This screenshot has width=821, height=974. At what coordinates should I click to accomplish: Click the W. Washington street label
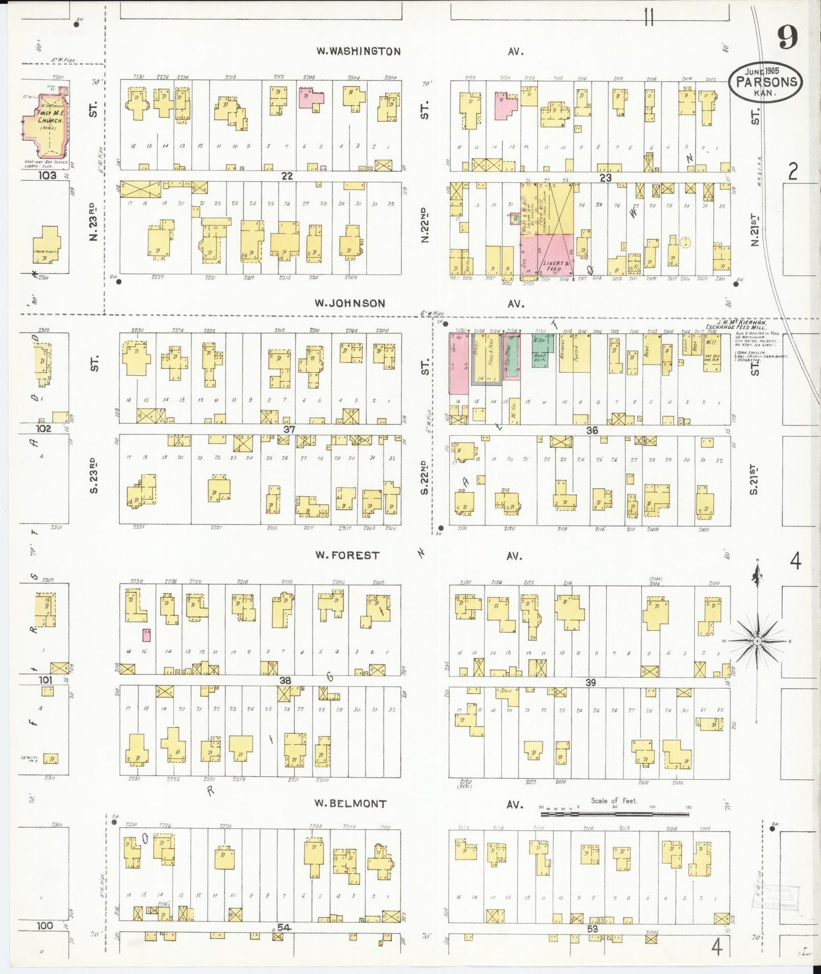[358, 51]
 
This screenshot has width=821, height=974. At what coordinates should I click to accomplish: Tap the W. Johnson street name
[349, 303]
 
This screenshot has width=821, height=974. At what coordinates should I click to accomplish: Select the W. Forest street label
[347, 555]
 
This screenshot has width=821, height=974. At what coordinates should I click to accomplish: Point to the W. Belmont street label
[351, 804]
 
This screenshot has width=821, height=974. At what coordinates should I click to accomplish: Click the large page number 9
[787, 38]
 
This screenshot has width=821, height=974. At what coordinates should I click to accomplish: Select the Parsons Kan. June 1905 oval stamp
[766, 81]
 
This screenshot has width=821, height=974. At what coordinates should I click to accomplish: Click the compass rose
[757, 640]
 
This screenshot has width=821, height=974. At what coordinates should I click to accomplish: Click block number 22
[287, 177]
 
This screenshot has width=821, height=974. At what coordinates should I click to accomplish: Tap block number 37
[289, 429]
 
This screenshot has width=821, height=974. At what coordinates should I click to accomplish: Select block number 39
[591, 682]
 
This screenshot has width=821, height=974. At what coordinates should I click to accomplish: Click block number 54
[284, 927]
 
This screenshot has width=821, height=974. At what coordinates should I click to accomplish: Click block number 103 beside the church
[47, 176]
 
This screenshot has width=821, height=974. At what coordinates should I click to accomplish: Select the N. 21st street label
[755, 230]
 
